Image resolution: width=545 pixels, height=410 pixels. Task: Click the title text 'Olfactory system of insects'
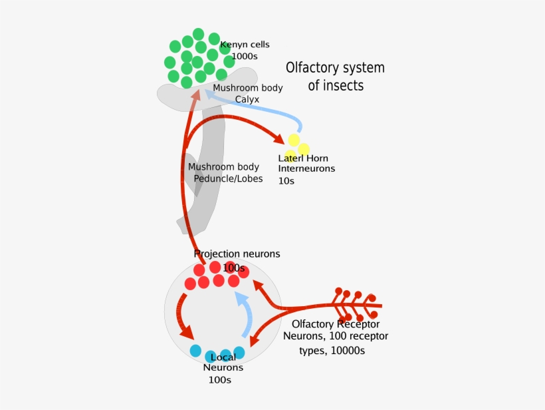tap(335, 77)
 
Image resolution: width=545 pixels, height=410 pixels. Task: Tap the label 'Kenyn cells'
tap(245, 45)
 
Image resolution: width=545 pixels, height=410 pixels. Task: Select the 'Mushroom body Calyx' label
tap(248, 93)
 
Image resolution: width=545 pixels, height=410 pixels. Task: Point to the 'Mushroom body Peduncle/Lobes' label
tap(225, 173)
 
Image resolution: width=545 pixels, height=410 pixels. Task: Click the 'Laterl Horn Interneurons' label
tap(306, 164)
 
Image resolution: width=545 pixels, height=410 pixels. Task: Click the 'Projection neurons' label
tap(237, 254)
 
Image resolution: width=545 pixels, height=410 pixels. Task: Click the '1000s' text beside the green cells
tap(244, 57)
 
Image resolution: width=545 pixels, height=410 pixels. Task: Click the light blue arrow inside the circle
tap(246, 316)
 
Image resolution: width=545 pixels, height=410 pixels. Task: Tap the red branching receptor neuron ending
tap(356, 305)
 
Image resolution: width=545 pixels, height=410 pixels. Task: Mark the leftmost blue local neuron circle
tap(195, 350)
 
